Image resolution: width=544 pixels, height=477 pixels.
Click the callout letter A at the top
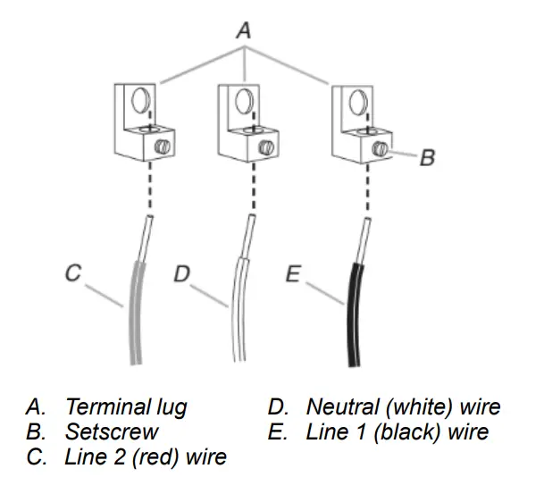243,30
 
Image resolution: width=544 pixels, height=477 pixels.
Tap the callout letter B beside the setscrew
427,159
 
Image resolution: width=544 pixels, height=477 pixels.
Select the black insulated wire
354,313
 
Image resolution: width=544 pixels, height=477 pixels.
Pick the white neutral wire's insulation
239,313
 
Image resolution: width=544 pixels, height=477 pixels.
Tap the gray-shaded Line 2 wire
136,313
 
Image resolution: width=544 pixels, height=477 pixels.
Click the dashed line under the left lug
149,188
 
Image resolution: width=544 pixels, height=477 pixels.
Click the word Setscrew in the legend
112,432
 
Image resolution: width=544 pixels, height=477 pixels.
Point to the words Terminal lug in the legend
126,407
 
